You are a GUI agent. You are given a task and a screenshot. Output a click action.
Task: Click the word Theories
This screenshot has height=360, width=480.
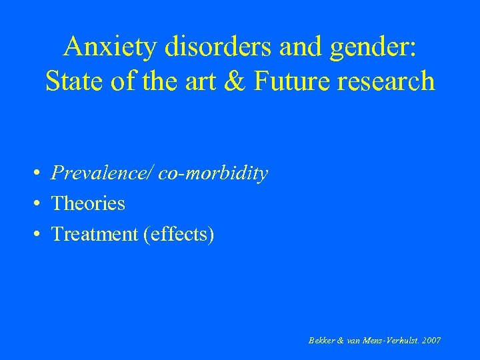[88, 203]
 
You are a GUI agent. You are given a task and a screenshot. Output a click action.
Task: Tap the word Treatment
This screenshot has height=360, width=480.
[95, 234]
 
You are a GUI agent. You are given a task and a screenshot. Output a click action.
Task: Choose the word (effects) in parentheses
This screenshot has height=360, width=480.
[179, 235]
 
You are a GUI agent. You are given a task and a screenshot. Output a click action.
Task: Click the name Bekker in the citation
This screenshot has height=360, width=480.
[322, 341]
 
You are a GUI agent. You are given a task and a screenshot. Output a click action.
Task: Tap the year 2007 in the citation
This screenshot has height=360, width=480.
[431, 341]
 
